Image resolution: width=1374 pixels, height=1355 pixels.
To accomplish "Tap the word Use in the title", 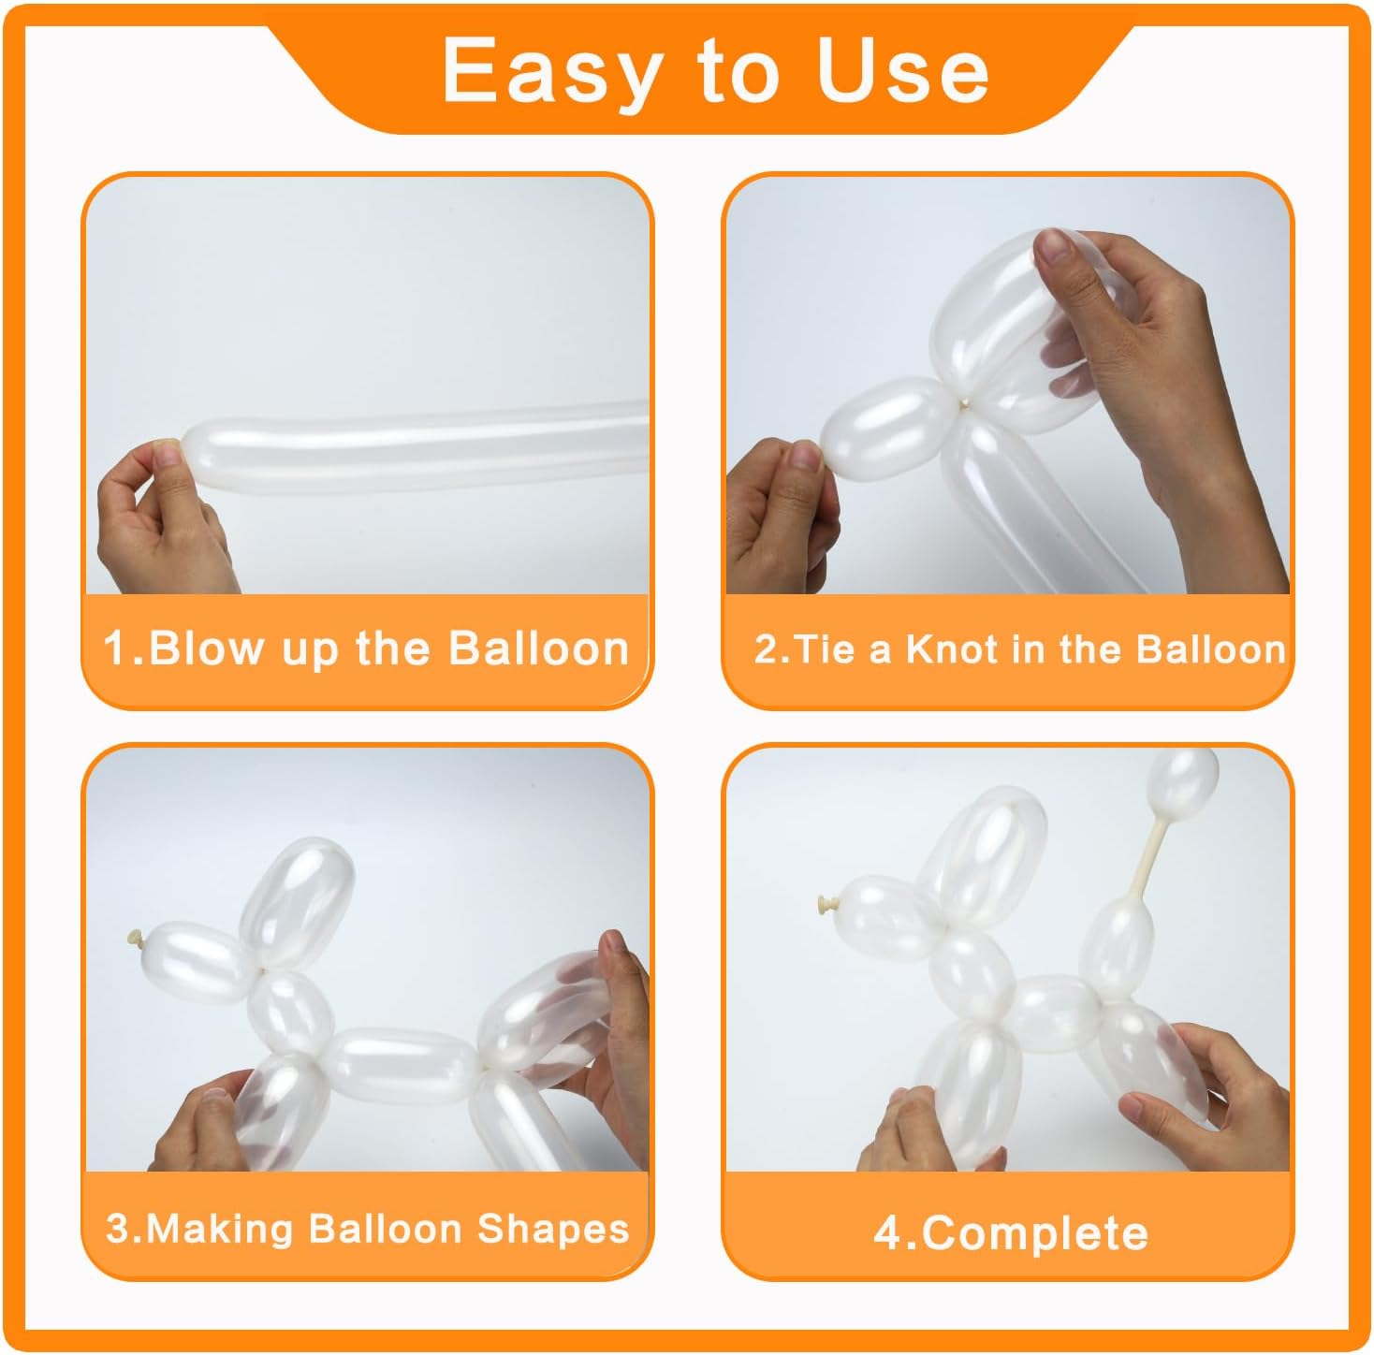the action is pos(902,70).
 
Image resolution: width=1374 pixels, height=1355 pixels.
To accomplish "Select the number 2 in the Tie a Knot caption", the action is pos(766,649).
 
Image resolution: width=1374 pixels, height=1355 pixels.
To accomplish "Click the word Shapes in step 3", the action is pos(553,1231).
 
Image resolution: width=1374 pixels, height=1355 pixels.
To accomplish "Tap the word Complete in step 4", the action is pos(1034,1234).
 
